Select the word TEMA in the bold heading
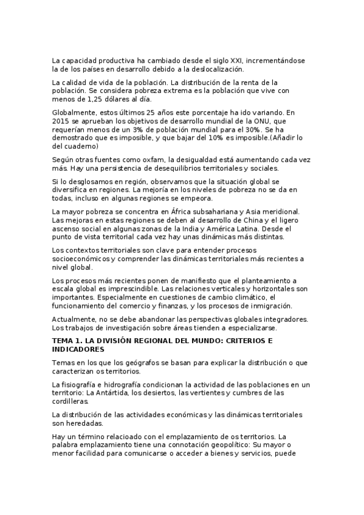pos(64,341)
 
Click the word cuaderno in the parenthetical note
pos(74,146)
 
